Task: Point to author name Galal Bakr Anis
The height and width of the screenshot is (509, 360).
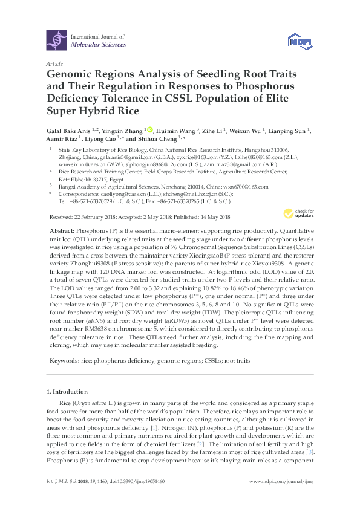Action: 68,131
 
